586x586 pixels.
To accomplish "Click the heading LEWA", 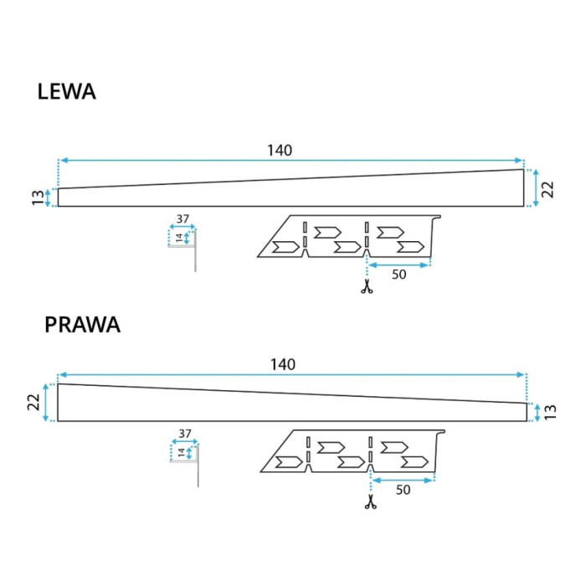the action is pyautogui.click(x=66, y=91).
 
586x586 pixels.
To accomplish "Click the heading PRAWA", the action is pyautogui.click(x=82, y=325).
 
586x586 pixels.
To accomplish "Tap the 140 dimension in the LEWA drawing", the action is pyautogui.click(x=280, y=150).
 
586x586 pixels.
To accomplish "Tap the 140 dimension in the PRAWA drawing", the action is pyautogui.click(x=283, y=364).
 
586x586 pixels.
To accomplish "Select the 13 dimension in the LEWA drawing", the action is pyautogui.click(x=38, y=198).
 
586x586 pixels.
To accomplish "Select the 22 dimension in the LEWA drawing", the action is pyautogui.click(x=547, y=189).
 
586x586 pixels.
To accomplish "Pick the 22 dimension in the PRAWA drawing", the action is pyautogui.click(x=33, y=402).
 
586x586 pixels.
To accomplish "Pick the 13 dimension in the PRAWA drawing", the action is pyautogui.click(x=551, y=412).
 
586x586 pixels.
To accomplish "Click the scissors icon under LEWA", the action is pyautogui.click(x=367, y=286).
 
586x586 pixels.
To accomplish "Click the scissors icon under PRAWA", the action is pyautogui.click(x=370, y=502).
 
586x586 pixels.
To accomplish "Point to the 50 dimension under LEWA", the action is pyautogui.click(x=398, y=275).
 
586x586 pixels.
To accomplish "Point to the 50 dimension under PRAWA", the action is pyautogui.click(x=403, y=490).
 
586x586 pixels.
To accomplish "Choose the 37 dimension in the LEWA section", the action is pyautogui.click(x=182, y=218).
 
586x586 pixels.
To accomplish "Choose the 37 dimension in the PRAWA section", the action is pyautogui.click(x=185, y=434).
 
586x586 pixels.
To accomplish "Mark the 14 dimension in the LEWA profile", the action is pyautogui.click(x=179, y=238).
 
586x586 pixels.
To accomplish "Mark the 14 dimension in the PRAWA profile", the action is pyautogui.click(x=182, y=453).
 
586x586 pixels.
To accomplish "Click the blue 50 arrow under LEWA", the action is pyautogui.click(x=398, y=265).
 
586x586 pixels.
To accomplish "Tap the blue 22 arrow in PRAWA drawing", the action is pyautogui.click(x=46, y=403).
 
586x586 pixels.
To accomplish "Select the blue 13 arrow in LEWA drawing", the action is pyautogui.click(x=48, y=198).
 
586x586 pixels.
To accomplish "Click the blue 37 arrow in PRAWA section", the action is pyautogui.click(x=185, y=442).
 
